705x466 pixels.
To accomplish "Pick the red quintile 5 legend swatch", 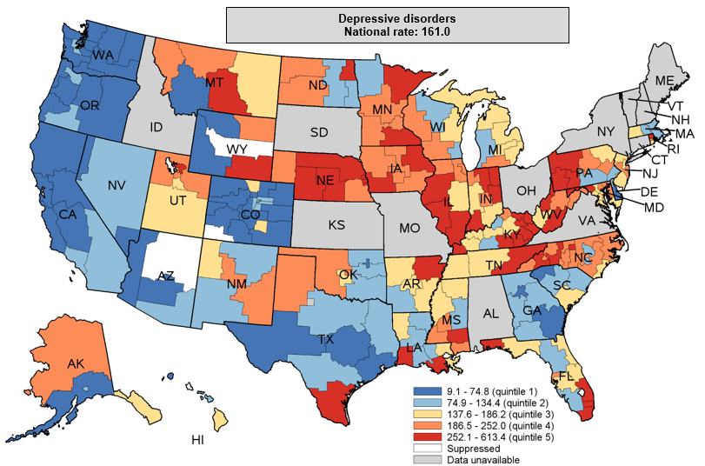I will pyautogui.click(x=420, y=437).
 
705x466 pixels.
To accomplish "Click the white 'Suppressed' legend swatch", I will pyautogui.click(x=420, y=449).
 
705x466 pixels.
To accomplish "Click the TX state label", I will pyautogui.click(x=326, y=339).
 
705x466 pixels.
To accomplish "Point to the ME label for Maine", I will pyautogui.click(x=665, y=80).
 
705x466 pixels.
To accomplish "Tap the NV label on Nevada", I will pyautogui.click(x=118, y=185).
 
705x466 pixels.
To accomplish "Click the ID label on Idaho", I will pyautogui.click(x=156, y=127).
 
